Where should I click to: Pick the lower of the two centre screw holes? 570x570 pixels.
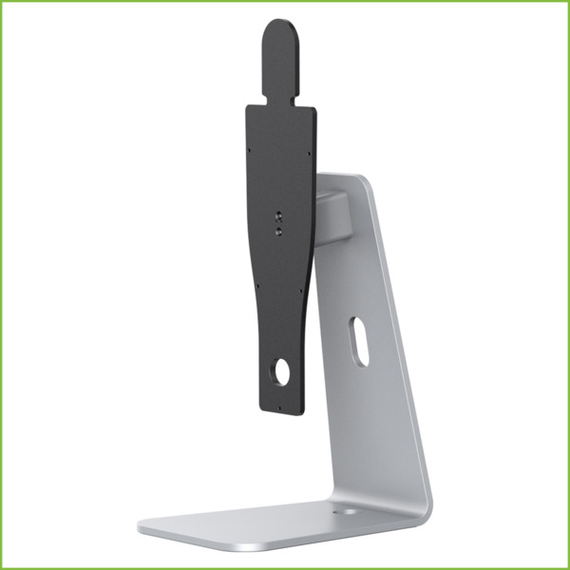(x=277, y=228)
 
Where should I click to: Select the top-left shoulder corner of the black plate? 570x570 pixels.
(x=249, y=107)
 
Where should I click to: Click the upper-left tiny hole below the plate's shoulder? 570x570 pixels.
(x=251, y=149)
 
